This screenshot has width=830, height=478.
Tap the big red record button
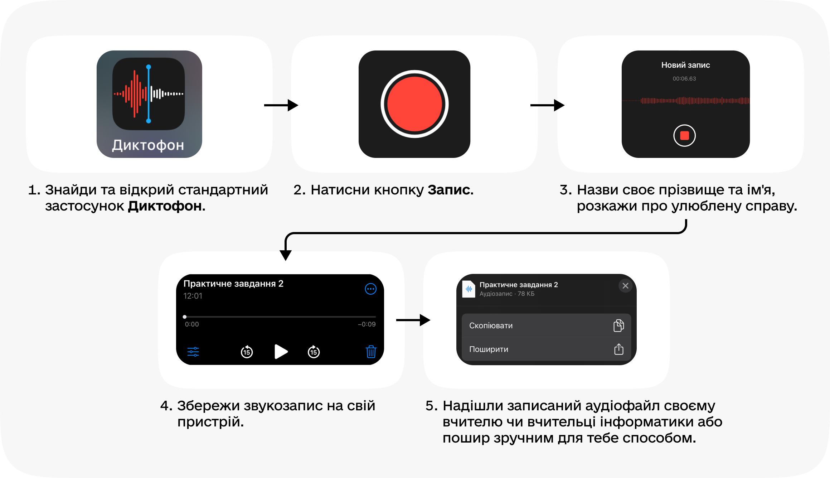[414, 104]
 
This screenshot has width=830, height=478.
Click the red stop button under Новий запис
[684, 135]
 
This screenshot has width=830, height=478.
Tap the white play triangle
[281, 352]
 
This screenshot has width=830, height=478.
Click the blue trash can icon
[371, 352]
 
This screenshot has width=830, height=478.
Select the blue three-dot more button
[370, 289]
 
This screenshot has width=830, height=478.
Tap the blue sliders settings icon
[193, 352]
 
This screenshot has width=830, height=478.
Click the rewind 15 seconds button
[247, 352]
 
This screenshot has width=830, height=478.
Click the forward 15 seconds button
[314, 352]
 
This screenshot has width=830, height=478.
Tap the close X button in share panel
[625, 286]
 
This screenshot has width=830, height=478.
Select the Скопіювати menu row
[546, 325]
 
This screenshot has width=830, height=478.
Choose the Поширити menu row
[546, 349]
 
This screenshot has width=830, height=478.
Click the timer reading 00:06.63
[684, 78]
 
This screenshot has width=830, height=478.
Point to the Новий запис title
[685, 65]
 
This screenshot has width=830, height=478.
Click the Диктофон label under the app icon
[148, 145]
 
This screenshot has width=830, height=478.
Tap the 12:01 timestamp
[193, 296]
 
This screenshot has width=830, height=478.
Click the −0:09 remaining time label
[367, 324]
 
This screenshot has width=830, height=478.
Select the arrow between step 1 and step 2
[281, 105]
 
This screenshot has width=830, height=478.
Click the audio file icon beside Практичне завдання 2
[469, 289]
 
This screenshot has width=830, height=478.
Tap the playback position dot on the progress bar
[185, 317]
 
